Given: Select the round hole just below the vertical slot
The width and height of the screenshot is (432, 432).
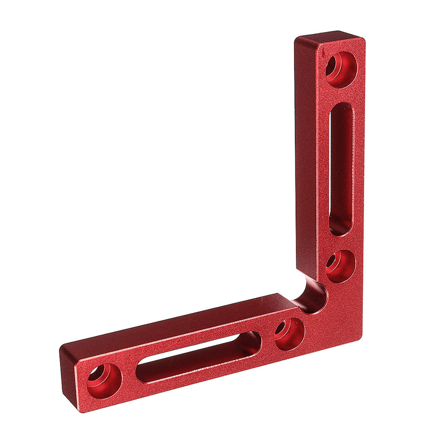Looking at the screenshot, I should (x=341, y=266).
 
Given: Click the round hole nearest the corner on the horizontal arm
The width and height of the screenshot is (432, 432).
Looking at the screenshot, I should (x=289, y=334).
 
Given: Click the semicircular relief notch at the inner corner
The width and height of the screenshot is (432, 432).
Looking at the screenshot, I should (x=312, y=294).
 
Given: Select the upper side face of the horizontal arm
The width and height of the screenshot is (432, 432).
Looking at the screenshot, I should (x=178, y=324).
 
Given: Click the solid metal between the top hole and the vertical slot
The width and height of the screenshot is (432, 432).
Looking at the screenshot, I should (x=342, y=94).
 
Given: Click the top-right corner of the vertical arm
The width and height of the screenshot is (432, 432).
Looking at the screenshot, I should (x=363, y=39).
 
